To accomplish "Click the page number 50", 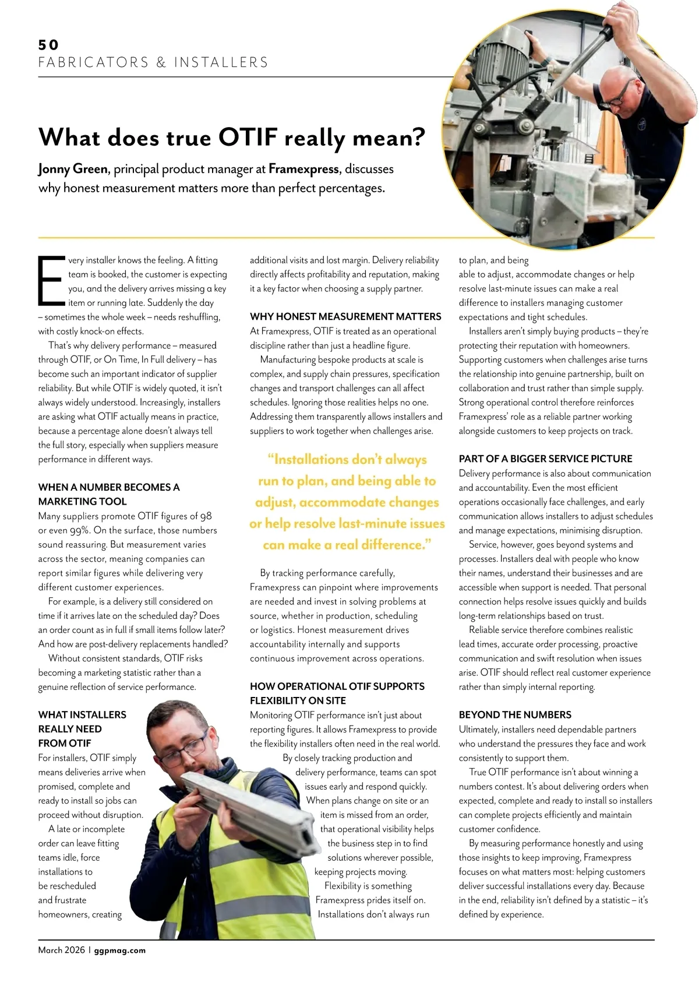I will tap(48, 45).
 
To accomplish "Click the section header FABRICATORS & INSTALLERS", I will tap(153, 62).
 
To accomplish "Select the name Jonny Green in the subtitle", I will tap(73, 169).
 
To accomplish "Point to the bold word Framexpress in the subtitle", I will tap(303, 169).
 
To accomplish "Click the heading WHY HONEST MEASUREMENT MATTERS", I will tap(345, 316).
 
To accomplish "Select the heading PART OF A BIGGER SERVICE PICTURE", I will tap(545, 459).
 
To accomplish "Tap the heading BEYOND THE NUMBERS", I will tap(515, 714).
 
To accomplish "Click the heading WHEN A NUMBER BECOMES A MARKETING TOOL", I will tap(109, 494).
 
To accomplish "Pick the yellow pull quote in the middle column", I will tap(347, 502).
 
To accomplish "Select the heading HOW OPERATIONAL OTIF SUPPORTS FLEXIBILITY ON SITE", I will tap(337, 693).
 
